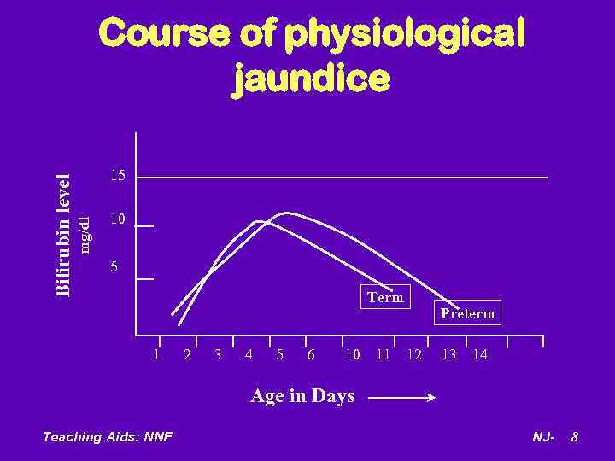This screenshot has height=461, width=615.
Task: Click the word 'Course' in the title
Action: point(163,34)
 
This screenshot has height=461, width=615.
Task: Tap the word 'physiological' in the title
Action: point(404,34)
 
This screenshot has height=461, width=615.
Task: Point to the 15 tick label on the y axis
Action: point(118,176)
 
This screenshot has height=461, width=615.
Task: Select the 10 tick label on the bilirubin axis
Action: point(118,219)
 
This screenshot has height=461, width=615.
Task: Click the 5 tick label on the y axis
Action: point(114,268)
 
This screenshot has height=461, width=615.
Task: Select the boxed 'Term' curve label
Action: point(385,297)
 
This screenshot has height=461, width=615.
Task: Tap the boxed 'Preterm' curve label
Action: point(467,313)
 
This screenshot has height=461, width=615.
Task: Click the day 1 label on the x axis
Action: point(156,353)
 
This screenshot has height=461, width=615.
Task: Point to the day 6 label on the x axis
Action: point(310,354)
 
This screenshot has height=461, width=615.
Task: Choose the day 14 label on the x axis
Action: point(479,354)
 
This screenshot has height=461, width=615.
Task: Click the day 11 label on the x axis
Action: point(383,354)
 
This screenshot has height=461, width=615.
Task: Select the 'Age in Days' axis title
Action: point(302,395)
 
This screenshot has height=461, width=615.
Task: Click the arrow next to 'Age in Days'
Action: point(401,397)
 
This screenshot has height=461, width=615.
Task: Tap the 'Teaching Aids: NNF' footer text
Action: point(107,437)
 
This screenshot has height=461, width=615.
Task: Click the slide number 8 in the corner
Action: point(575,437)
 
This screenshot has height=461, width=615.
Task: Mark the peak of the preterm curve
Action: point(287,213)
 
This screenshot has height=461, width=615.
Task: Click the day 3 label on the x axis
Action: point(218,354)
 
